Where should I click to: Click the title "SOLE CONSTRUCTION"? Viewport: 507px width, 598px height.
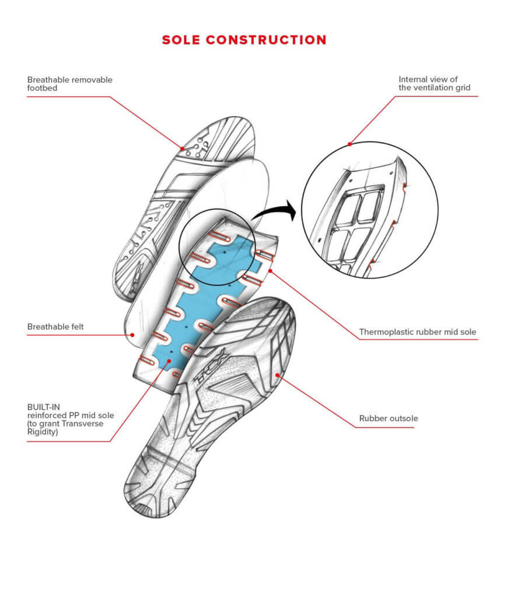click(244, 40)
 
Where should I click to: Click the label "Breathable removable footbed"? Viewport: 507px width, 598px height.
click(69, 84)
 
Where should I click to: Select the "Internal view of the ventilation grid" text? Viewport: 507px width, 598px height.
click(434, 83)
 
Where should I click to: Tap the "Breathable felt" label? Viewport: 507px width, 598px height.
click(55, 326)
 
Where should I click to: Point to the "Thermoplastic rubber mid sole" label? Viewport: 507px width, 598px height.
click(418, 332)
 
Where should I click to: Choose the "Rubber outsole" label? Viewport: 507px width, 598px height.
click(388, 418)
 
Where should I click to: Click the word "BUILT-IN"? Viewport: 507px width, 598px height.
click(43, 407)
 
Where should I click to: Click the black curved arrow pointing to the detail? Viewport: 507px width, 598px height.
click(275, 211)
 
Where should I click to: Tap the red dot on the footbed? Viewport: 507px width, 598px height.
click(183, 148)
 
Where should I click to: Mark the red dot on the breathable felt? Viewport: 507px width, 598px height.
click(132, 335)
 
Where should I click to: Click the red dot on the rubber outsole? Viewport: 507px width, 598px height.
click(278, 376)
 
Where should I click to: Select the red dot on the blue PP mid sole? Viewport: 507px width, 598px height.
click(169, 360)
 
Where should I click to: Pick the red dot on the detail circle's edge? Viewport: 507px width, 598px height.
click(349, 144)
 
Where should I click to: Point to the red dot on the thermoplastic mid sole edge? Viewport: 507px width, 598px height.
click(270, 271)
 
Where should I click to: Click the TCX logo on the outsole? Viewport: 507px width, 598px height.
click(211, 367)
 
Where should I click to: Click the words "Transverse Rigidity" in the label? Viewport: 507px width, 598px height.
click(65, 427)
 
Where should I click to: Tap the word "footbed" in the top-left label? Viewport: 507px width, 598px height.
click(42, 88)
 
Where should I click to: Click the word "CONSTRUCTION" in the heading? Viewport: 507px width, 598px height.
click(266, 40)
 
